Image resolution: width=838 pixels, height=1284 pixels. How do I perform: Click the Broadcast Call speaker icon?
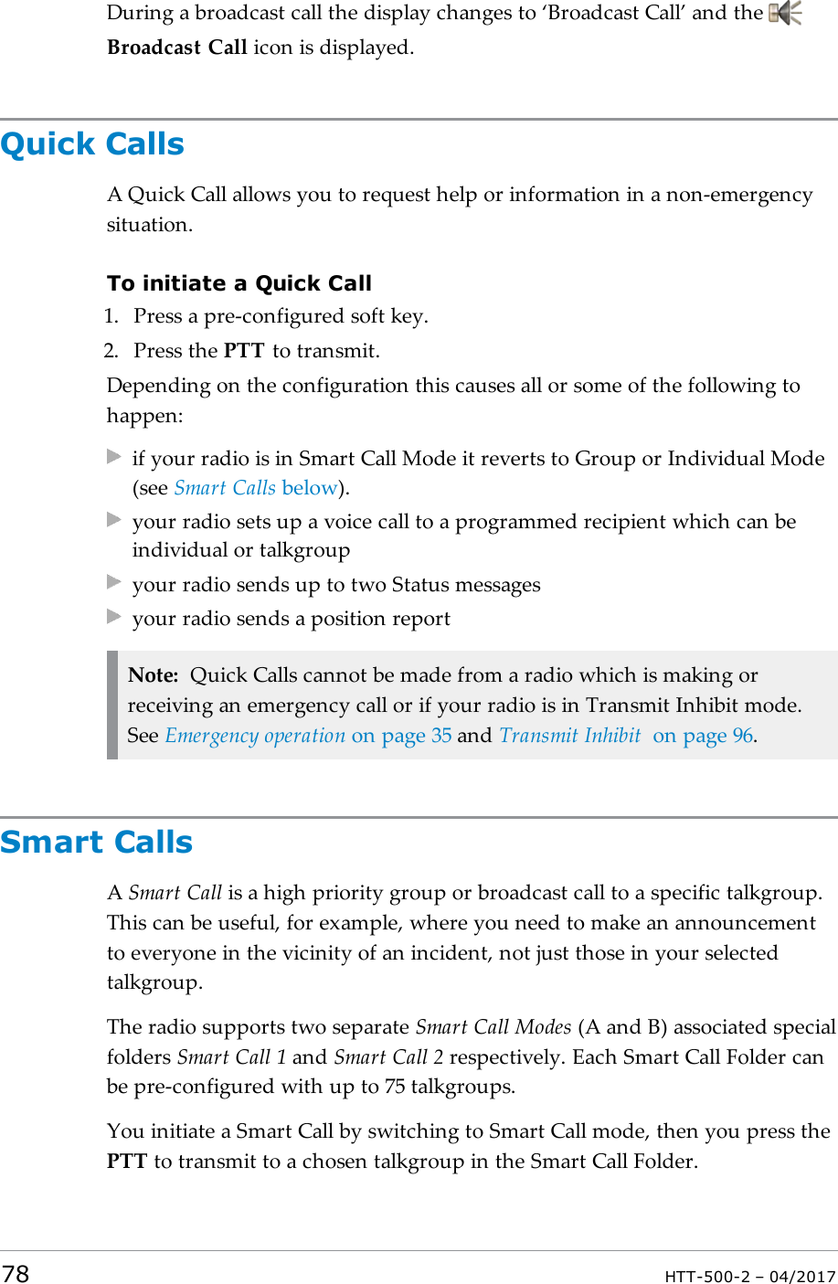pyautogui.click(x=784, y=14)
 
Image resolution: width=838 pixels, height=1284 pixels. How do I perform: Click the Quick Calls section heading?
pyautogui.click(x=92, y=144)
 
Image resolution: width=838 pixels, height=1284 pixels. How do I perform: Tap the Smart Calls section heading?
pyautogui.click(x=97, y=842)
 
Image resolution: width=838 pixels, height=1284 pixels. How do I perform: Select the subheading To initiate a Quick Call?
pyautogui.click(x=239, y=283)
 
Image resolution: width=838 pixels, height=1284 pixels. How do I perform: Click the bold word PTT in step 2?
pyautogui.click(x=244, y=351)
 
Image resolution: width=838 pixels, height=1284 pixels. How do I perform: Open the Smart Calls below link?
pyautogui.click(x=256, y=488)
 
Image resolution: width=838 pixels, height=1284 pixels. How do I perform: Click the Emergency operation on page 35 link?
pyautogui.click(x=308, y=736)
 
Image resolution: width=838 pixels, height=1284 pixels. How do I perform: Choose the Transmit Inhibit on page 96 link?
pyautogui.click(x=627, y=736)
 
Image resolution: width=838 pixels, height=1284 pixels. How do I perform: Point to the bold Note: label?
pyautogui.click(x=153, y=675)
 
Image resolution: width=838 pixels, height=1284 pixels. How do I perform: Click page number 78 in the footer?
pyautogui.click(x=16, y=1274)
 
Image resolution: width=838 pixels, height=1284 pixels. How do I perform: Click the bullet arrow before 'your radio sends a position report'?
pyautogui.click(x=114, y=617)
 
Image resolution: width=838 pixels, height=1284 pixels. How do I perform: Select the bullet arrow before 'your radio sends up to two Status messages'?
pyautogui.click(x=114, y=582)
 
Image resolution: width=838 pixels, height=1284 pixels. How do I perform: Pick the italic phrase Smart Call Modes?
pyautogui.click(x=493, y=1027)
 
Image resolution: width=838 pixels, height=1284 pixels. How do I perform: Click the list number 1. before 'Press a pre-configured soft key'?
pyautogui.click(x=111, y=316)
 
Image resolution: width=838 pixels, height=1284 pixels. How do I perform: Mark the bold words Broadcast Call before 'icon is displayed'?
pyautogui.click(x=177, y=48)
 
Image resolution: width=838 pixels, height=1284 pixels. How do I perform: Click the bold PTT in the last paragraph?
pyautogui.click(x=127, y=1162)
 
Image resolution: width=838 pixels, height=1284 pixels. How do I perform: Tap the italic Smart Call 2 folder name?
pyautogui.click(x=388, y=1057)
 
